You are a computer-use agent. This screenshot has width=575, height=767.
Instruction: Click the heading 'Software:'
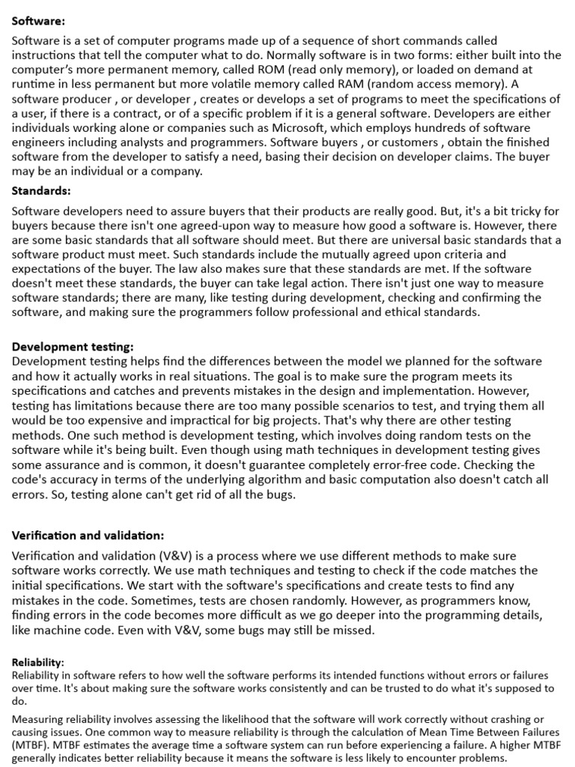point(38,21)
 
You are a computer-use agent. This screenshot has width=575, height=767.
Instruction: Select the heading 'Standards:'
point(41,190)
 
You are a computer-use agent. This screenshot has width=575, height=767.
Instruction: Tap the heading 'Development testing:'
point(73,347)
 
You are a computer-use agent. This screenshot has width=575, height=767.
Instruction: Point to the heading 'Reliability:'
point(38,663)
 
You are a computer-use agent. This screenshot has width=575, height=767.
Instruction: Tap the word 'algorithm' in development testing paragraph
point(302,479)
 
